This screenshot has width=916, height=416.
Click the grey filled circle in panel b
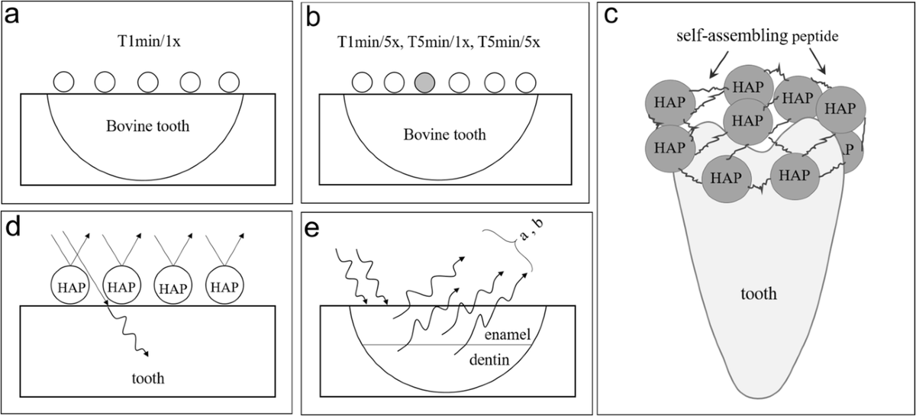pyautogui.click(x=426, y=82)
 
